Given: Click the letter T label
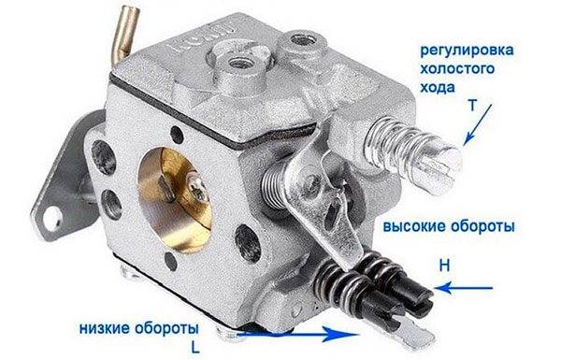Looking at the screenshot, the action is coord(472,106).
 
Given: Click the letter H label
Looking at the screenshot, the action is coord(444,266).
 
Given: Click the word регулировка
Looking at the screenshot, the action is coord(467,50).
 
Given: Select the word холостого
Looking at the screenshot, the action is coord(457,68).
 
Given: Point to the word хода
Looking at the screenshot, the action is coord(438,87).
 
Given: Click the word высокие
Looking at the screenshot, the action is coord(414,226).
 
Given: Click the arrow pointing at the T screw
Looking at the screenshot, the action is coord(478,124).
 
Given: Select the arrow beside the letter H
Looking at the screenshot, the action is coord(464,288).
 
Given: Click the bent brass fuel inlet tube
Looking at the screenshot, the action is coord(125,33).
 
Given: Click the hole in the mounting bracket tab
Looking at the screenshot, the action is coord(52,217).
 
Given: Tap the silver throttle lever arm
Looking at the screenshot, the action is coord(322,200).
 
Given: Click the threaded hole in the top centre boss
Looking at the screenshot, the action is coord(239,63).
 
